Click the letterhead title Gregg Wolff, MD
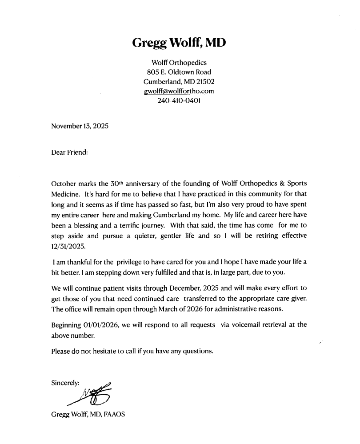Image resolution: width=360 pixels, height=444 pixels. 179,43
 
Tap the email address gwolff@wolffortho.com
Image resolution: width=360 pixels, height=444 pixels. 179,91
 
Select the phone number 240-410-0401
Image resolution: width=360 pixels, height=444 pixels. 179,101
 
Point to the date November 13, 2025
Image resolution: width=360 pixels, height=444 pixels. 80,126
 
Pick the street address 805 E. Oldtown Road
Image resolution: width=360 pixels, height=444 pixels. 179,72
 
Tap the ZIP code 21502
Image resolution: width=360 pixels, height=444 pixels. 205,82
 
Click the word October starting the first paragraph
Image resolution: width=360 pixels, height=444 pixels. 64,184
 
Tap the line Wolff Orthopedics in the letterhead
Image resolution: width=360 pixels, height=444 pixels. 179,62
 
